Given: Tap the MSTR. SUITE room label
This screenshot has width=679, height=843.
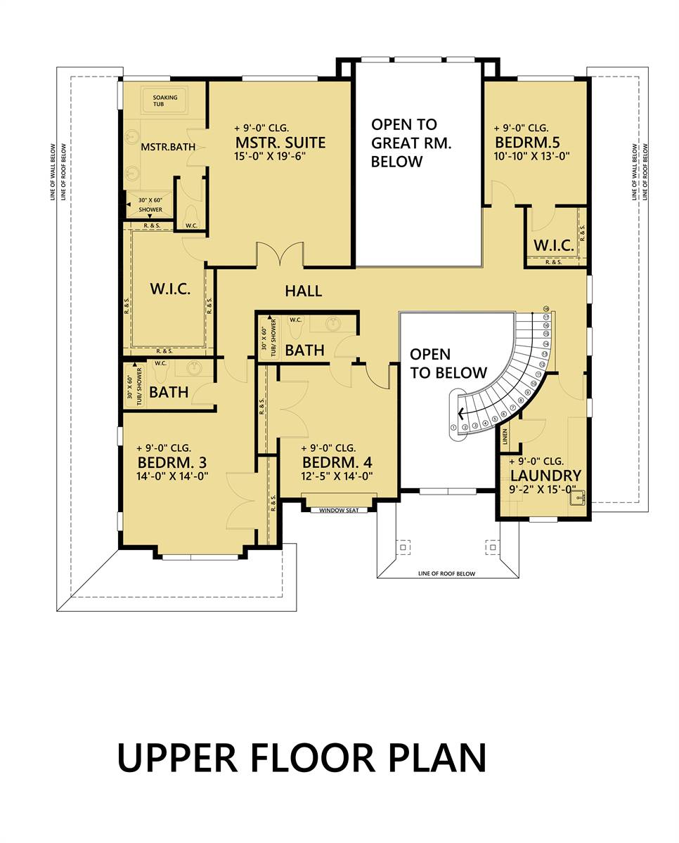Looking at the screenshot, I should click(x=280, y=143).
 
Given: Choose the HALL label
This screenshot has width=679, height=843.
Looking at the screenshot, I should click(x=303, y=290).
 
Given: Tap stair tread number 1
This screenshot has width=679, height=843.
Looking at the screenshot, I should click(x=454, y=427).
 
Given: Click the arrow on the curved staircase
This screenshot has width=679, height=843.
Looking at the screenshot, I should click(x=461, y=414).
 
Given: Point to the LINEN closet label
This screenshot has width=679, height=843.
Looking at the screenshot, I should click(x=505, y=438).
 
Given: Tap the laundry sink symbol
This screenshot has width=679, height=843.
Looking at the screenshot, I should click(x=578, y=499).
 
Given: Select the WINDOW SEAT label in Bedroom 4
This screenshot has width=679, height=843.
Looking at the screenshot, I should click(x=343, y=511).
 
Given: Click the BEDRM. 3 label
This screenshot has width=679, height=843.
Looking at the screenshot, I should click(x=172, y=462).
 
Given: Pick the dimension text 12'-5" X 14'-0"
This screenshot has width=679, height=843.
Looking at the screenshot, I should click(x=337, y=476).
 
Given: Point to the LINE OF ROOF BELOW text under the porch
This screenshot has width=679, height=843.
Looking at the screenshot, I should click(x=446, y=574).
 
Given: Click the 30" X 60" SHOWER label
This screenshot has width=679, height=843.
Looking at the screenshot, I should click(x=150, y=205).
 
